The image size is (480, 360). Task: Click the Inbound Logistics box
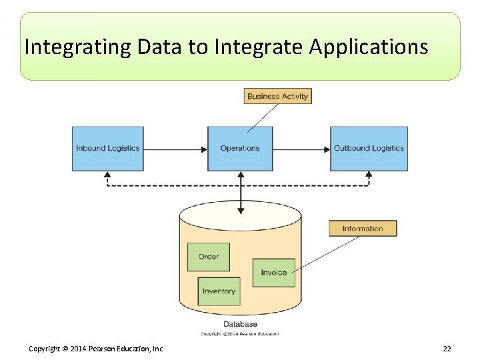pos(107,148)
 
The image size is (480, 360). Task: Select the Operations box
pos(240,148)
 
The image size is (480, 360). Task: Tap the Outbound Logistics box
pos(369,148)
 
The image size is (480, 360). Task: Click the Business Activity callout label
pos(277,96)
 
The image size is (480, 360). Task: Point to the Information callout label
pos(363,229)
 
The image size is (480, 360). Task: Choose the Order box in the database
pos(208,257)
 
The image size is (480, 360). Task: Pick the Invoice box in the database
pos(273,273)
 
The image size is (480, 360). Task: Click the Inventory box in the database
pos(219,291)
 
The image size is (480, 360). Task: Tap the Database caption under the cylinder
pos(240,324)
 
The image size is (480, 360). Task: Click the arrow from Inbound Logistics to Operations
pos(175,149)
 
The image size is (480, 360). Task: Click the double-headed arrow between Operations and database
pos(241,193)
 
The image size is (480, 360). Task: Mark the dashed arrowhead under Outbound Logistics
pos(369,175)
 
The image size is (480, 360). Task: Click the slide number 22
pos(447,349)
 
